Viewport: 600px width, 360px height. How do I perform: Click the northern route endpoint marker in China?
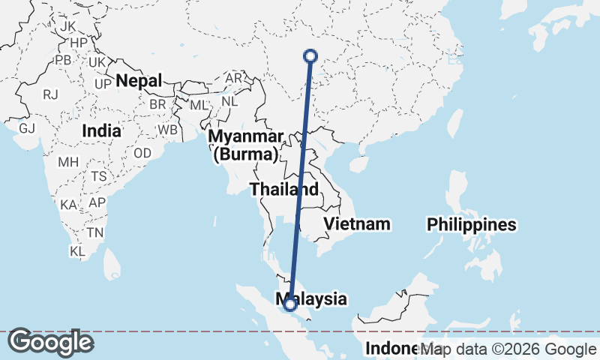(x=310, y=55)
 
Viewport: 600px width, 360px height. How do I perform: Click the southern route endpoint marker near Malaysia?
(x=289, y=304)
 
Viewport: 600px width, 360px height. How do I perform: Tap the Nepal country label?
(x=139, y=80)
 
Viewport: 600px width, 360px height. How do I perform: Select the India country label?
(x=101, y=130)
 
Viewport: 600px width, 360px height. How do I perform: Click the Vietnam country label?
(x=357, y=223)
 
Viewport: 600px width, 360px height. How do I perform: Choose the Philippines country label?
(x=472, y=224)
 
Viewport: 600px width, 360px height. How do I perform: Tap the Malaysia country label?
(x=315, y=298)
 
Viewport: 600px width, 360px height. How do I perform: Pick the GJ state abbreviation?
(x=28, y=127)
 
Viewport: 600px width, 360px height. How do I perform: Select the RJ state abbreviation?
(x=51, y=94)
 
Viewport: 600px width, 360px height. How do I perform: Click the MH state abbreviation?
(x=68, y=162)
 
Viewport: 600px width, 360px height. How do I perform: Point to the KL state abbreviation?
(x=77, y=251)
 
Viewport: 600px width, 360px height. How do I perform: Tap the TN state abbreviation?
(x=94, y=232)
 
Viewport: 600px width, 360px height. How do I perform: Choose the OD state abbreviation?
(x=142, y=153)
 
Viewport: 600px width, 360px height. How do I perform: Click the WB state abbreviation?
(x=167, y=130)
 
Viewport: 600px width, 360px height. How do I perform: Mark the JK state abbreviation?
(x=68, y=26)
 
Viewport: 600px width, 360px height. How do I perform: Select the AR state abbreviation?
(x=234, y=78)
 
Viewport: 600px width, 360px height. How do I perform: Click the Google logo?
(x=50, y=343)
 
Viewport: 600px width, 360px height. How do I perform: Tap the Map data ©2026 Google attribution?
(x=508, y=349)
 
